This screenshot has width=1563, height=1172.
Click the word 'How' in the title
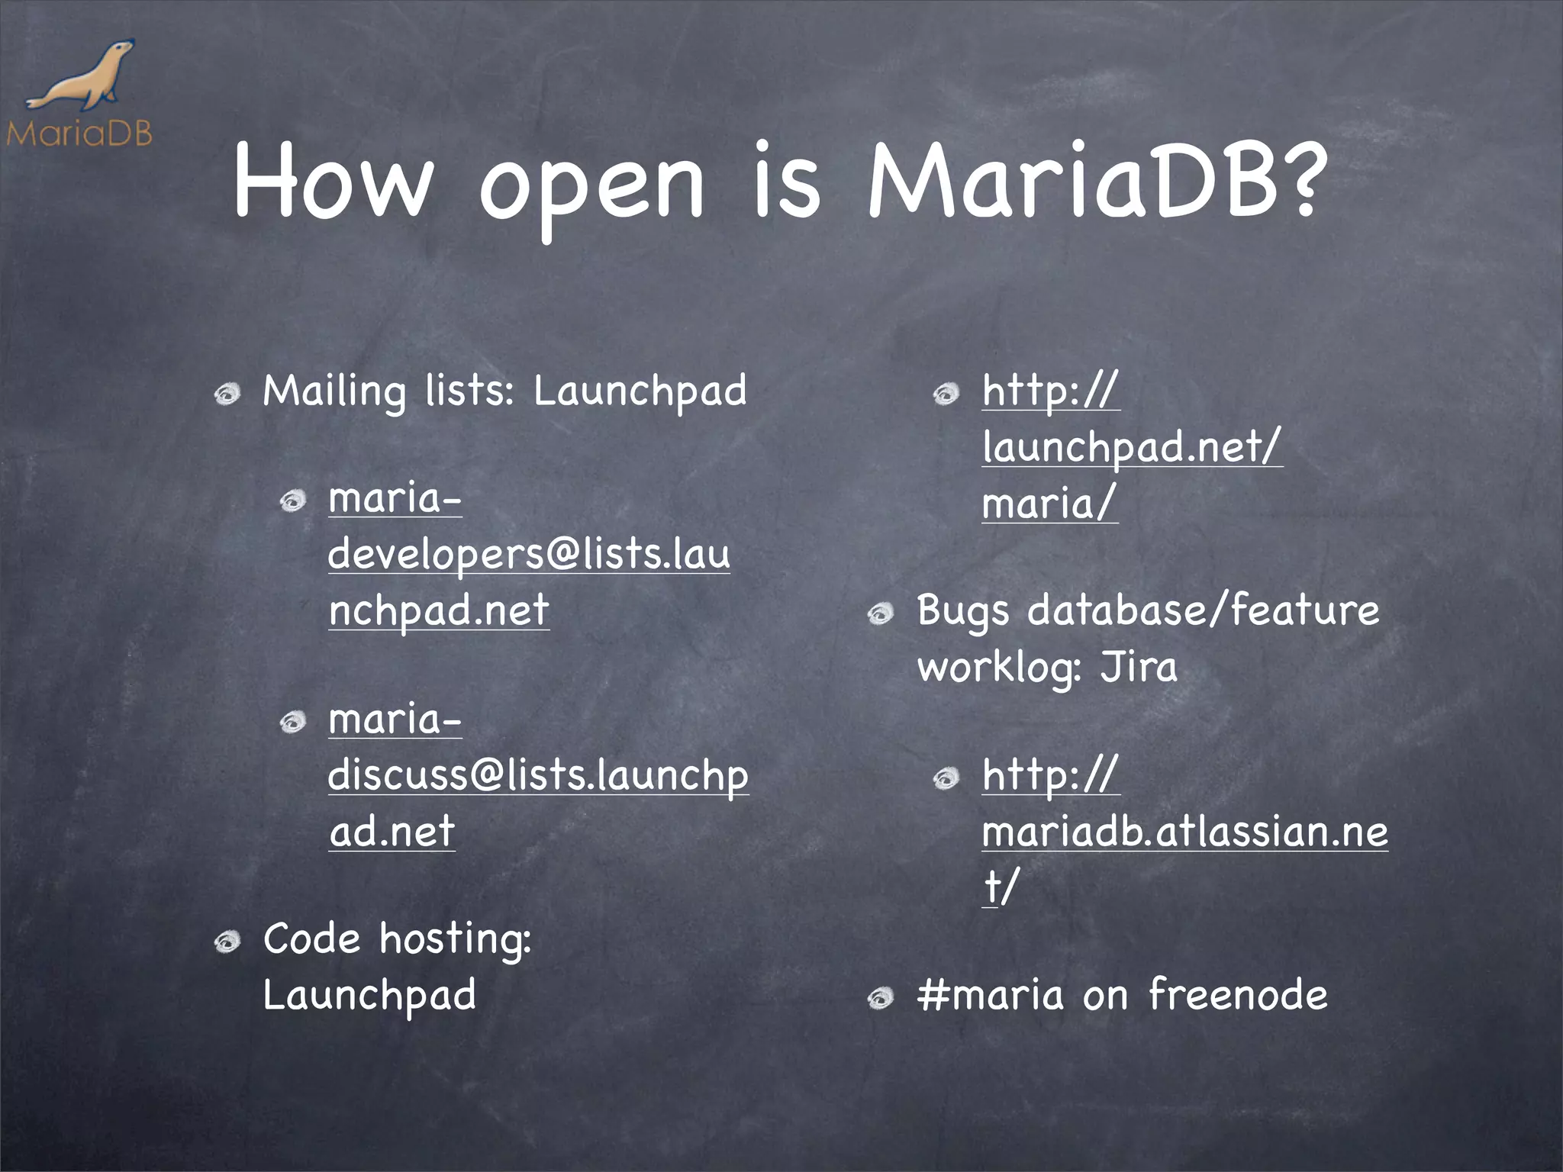[332, 182]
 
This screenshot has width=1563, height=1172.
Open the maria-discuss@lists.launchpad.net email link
[538, 775]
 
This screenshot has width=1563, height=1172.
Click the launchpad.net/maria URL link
[1132, 447]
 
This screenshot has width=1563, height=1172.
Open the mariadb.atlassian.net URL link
[1184, 831]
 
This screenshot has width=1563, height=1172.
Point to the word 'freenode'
[1237, 995]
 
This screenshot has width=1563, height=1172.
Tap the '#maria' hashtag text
[990, 995]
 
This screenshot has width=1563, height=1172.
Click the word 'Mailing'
[334, 392]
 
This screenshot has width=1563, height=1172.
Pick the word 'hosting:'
[455, 939]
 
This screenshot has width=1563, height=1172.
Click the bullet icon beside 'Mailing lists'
[227, 394]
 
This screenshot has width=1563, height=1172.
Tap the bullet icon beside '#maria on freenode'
[881, 998]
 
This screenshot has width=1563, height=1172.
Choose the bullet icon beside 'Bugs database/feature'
[881, 613]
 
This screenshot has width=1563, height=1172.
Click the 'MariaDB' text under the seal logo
[79, 134]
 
